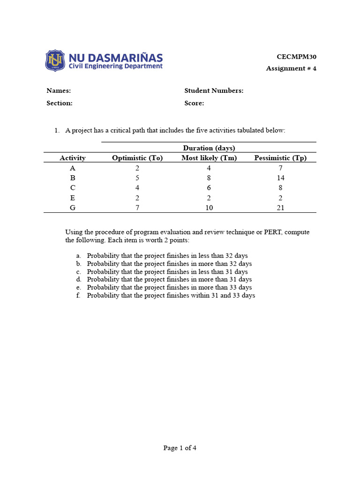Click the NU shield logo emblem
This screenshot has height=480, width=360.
tap(56, 61)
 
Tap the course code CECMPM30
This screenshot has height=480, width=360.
tap(296, 57)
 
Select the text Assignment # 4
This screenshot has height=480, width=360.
tap(291, 68)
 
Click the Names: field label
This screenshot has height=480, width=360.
tap(59, 91)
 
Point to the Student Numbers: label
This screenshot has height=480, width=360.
tap(214, 91)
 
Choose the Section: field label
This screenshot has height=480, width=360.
tap(60, 103)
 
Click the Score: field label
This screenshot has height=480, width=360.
tap(194, 103)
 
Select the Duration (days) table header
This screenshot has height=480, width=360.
tap(209, 148)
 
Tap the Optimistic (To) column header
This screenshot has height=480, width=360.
tap(137, 158)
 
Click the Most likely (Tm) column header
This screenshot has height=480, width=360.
tap(209, 158)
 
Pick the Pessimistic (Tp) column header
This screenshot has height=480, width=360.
tap(280, 158)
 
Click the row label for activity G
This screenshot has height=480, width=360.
tap(72, 208)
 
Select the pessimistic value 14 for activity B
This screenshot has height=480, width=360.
tap(280, 178)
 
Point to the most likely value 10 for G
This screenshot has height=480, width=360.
tap(209, 208)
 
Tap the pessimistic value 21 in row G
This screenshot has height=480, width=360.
tap(280, 208)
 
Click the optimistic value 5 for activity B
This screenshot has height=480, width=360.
tap(137, 178)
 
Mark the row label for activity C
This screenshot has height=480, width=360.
tap(72, 188)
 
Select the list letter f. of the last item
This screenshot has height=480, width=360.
tap(79, 296)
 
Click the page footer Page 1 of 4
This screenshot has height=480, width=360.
tap(180, 448)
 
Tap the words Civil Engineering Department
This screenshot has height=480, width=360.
tap(116, 67)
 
